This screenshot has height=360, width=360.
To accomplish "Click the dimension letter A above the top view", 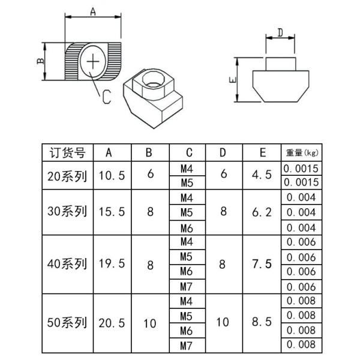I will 93,11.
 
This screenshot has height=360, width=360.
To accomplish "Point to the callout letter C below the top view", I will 105,97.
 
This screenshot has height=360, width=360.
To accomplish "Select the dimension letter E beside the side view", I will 232,79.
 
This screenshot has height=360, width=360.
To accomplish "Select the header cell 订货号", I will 67,152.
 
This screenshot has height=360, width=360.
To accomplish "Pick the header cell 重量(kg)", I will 302,152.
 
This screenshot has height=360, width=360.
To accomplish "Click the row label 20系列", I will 67,176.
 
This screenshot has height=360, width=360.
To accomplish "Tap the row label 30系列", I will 67,212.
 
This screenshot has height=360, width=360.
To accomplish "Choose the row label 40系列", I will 67,264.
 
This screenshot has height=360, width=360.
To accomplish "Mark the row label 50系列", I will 67,323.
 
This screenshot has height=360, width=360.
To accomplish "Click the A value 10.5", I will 111,176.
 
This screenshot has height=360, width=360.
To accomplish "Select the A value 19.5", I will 111,264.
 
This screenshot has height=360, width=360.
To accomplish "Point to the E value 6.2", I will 262,212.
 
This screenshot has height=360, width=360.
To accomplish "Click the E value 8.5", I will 262,323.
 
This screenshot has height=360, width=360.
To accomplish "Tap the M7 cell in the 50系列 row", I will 187,345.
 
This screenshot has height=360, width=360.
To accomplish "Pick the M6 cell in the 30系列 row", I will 187,227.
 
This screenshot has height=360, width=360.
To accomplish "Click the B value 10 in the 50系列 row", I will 149,323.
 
